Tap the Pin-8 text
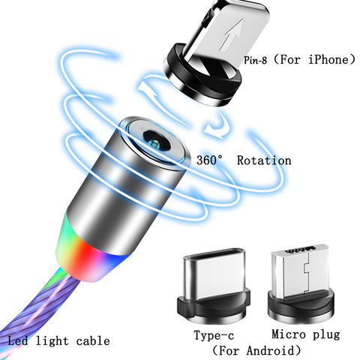255,60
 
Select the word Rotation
264,160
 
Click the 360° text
209,160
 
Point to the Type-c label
214,335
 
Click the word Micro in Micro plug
289,334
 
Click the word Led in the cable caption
18,340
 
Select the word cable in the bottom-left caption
93,340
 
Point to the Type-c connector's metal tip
214,272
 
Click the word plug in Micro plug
326,335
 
